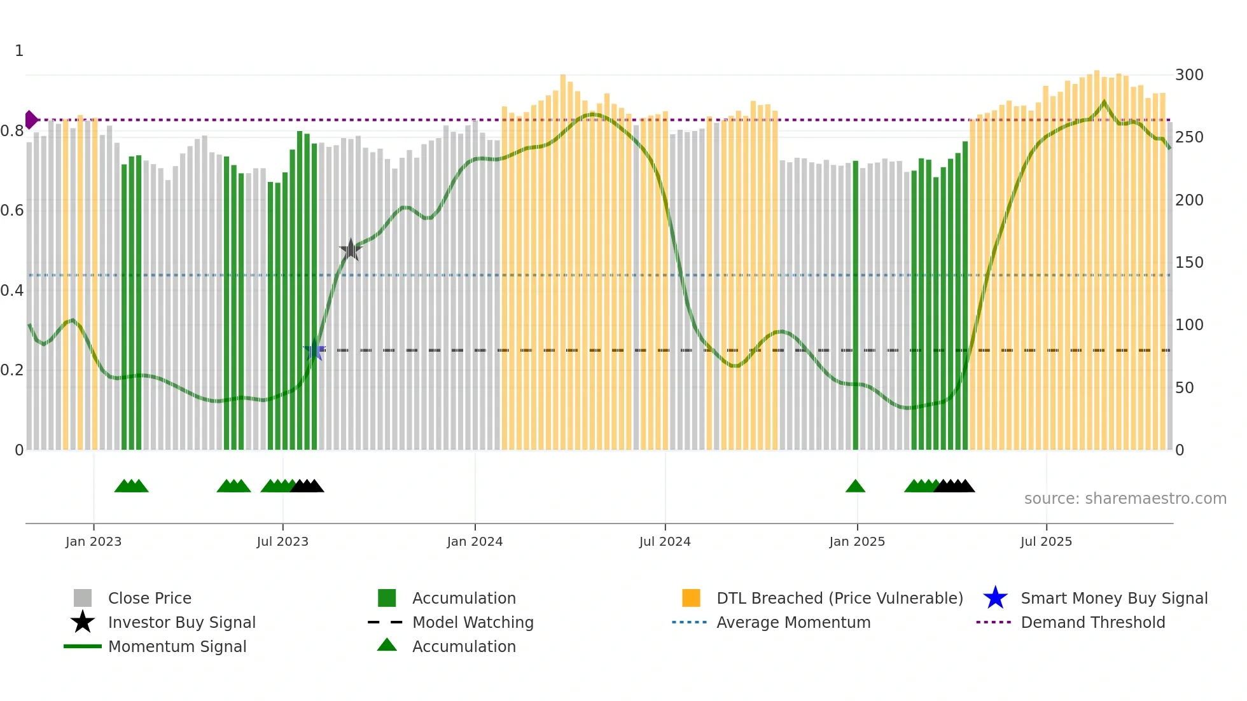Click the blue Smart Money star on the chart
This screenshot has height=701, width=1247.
(x=314, y=350)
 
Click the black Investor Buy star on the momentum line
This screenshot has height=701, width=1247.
(x=351, y=249)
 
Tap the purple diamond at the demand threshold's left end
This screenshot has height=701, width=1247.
(x=31, y=120)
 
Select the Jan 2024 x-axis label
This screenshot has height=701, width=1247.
(x=475, y=541)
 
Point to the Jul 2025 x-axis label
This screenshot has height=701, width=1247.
(x=1046, y=541)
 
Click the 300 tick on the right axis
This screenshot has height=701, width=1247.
(x=1188, y=75)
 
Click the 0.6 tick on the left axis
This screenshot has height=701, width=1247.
(x=12, y=211)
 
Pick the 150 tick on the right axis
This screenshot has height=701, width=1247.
(x=1188, y=263)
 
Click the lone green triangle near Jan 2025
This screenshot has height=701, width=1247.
(x=855, y=487)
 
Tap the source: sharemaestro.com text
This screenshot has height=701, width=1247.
(x=1125, y=499)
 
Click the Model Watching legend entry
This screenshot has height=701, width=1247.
(x=473, y=622)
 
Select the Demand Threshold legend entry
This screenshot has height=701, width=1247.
(x=1092, y=622)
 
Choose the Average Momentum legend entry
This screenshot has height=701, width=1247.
(x=793, y=622)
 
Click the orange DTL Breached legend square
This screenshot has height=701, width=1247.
(x=691, y=598)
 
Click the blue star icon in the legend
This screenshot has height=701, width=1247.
(x=995, y=598)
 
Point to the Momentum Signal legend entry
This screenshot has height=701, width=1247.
(x=177, y=646)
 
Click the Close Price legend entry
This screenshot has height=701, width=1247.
(x=150, y=598)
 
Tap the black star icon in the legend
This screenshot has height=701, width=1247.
(x=83, y=622)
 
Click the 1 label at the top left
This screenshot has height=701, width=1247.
(x=19, y=51)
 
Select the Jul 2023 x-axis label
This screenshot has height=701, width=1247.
(x=282, y=541)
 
